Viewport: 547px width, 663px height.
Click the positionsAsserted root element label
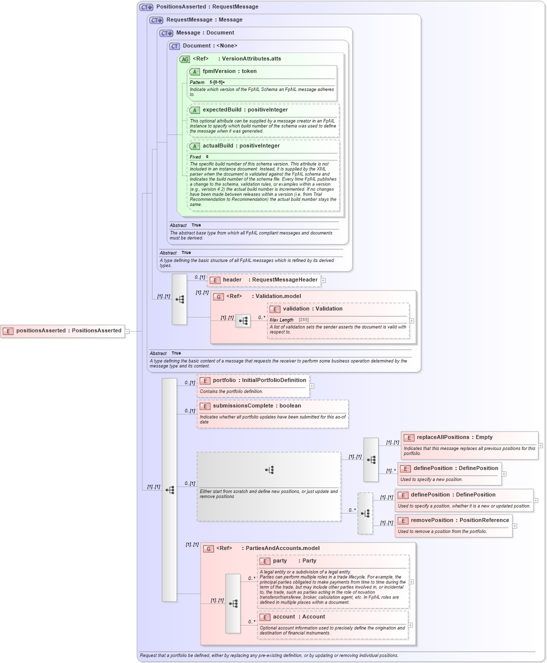(68, 330)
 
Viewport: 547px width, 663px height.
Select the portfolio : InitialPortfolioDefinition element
(259, 380)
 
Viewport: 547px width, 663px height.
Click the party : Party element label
(294, 561)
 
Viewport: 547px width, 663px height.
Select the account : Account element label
(299, 617)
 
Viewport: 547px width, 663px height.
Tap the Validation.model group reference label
(278, 296)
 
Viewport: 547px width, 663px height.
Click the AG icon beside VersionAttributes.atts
(185, 59)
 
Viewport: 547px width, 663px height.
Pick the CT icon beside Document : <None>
(174, 46)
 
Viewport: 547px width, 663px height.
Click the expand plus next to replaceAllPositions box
(540, 445)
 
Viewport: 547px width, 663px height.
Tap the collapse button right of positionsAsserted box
(127, 331)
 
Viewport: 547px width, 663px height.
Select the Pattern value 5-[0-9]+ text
(217, 82)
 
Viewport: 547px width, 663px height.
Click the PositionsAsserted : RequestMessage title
(207, 7)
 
